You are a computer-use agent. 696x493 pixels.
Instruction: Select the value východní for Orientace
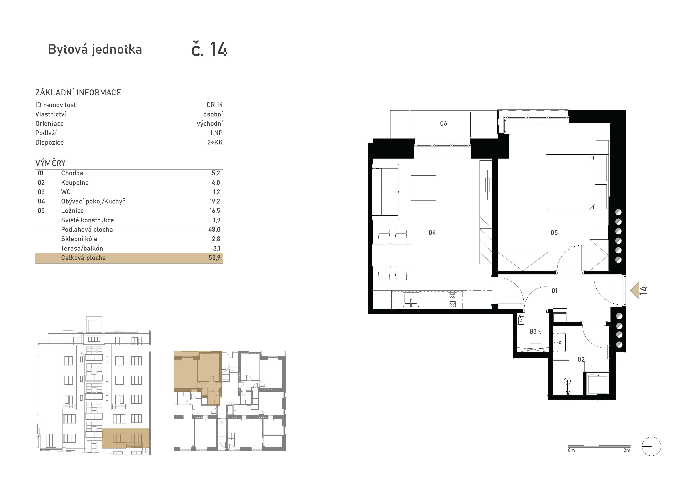(x=210, y=124)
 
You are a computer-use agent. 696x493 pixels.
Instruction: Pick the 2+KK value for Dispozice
(x=215, y=142)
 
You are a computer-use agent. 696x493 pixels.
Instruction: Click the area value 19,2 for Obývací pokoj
(x=215, y=201)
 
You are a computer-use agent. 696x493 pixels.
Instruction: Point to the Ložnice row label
(x=72, y=211)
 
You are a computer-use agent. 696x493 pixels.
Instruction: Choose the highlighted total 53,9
(x=214, y=258)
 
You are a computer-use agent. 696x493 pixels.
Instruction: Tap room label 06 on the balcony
(x=443, y=123)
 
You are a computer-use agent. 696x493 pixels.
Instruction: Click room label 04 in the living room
(x=432, y=232)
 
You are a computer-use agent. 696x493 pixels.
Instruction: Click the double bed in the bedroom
(x=570, y=182)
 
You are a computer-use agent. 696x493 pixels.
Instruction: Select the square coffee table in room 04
(x=423, y=188)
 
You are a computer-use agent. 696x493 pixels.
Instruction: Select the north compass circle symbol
(x=651, y=446)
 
